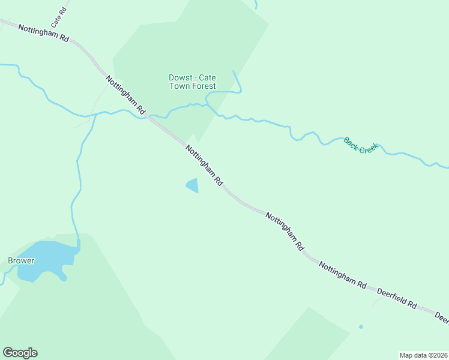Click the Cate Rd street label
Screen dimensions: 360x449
tap(58, 18)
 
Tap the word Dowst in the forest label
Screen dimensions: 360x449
tap(179, 77)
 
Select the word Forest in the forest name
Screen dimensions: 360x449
tap(203, 86)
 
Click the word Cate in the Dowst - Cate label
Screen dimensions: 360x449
tap(208, 77)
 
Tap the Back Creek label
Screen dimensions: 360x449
tap(361, 145)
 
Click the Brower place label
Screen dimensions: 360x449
tap(21, 261)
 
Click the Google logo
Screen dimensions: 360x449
tap(20, 353)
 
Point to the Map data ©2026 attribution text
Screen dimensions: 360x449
tap(423, 355)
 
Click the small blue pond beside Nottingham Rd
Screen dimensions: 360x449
tap(193, 185)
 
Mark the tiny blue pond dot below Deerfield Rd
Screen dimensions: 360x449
tap(361, 327)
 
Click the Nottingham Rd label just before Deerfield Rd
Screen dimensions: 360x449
tap(342, 275)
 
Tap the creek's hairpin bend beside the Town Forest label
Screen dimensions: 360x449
tap(239, 90)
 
